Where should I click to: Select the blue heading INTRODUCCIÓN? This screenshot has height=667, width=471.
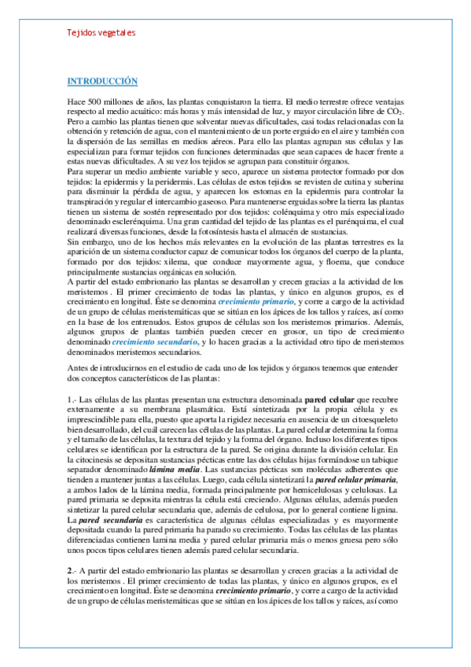tap(103, 82)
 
